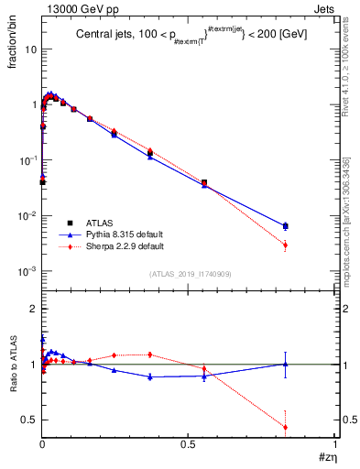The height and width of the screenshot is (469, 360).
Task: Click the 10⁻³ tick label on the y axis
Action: click(27, 272)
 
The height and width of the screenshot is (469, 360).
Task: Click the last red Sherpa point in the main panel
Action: click(286, 245)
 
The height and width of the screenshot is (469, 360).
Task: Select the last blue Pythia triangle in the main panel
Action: click(286, 224)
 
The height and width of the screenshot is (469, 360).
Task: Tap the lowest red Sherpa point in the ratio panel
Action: click(286, 427)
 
